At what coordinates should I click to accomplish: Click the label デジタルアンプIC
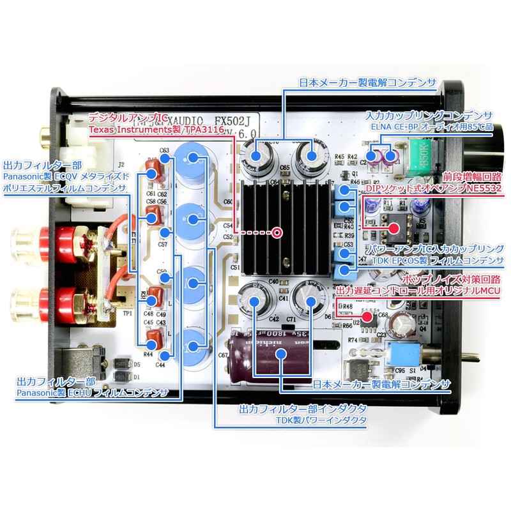coord(128,118)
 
